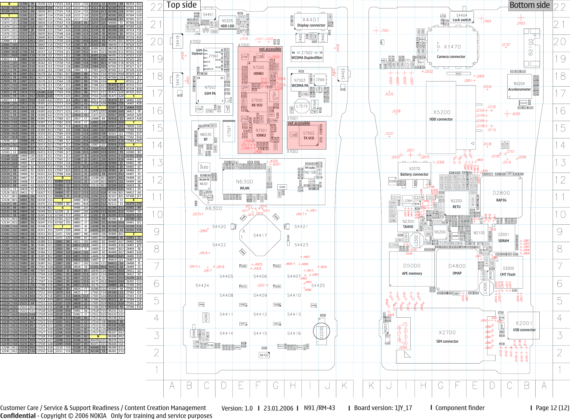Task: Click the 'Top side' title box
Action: coord(182,5)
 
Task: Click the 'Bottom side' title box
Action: coord(530,5)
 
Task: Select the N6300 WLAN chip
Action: coord(244,184)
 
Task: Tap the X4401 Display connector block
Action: coord(311,22)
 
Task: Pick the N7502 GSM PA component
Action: coord(210,90)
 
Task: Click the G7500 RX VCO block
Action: coord(257,102)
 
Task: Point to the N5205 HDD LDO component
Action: coord(227,23)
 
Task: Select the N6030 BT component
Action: coord(205,137)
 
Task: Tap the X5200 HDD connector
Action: coord(441,115)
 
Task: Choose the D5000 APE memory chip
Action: coord(412,269)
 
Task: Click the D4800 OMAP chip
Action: coord(457,269)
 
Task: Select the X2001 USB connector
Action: coord(524,326)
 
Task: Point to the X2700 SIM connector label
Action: coord(447,337)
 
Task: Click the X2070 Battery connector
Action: coord(414,171)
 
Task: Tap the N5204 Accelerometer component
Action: coord(519,86)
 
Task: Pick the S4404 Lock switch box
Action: coord(462,17)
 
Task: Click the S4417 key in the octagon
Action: coord(260,235)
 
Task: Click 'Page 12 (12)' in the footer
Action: coord(552,408)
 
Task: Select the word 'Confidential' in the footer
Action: coord(18,416)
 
